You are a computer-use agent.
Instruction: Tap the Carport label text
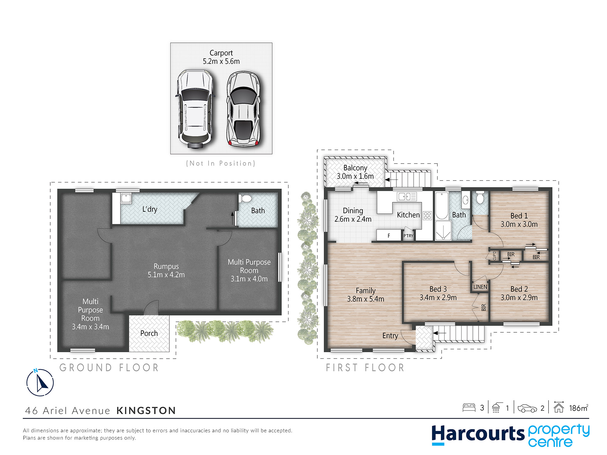pos(221,53)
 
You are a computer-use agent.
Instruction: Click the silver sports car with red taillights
pos(244,109)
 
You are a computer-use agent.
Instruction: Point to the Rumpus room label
pos(166,266)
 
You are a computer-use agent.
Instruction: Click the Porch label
pos(149,333)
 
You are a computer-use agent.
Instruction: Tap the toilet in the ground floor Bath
pos(245,199)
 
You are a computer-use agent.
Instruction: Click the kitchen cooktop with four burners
pos(427,216)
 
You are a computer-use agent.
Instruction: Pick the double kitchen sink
pos(407,197)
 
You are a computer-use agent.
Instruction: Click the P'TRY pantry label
pos(408,236)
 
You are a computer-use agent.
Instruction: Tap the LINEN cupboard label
pos(480,287)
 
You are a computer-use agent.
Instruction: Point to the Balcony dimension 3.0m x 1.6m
pos(355,176)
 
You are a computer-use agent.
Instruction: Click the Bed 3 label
pos(438,289)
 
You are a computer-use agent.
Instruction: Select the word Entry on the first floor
pos(390,336)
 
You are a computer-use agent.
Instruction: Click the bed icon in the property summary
pos(469,407)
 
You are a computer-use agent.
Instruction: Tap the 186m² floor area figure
pos(578,408)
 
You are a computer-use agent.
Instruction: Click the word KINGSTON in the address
pos(146,411)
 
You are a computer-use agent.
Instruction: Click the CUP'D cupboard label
pos(494,255)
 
